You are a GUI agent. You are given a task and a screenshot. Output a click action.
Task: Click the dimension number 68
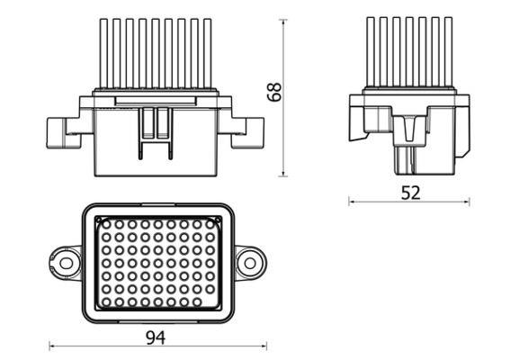click(274, 92)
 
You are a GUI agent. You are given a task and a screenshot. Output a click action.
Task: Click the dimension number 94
click(156, 337)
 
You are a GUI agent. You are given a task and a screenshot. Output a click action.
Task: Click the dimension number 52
click(410, 193)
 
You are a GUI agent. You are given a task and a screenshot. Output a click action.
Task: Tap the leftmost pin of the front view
click(103, 53)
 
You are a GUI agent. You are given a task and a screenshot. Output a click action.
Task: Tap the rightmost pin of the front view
click(208, 53)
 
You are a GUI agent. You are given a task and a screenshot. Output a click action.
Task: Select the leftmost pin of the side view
click(371, 52)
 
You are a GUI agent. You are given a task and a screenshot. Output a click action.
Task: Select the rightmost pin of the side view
click(449, 52)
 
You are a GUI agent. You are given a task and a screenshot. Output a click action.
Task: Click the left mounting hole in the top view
click(66, 264)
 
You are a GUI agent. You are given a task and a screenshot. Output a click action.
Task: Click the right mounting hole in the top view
click(250, 264)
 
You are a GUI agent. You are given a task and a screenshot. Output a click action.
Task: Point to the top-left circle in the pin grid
click(106, 224)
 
